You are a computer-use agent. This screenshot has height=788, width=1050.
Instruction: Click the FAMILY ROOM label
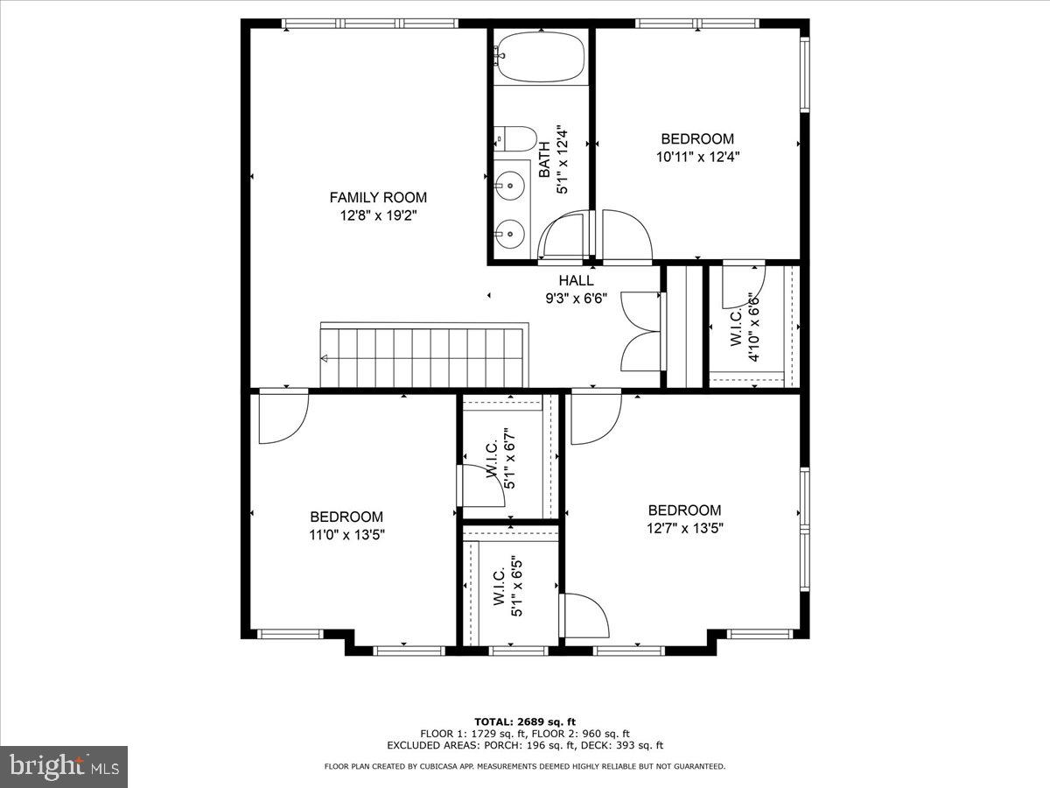[x=378, y=197]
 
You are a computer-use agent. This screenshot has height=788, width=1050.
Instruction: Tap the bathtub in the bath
[x=539, y=57]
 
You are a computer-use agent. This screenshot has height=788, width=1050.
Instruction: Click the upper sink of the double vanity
[x=509, y=183]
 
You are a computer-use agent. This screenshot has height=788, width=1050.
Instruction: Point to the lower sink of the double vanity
[x=509, y=233]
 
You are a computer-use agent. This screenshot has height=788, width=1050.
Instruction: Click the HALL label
[x=577, y=280]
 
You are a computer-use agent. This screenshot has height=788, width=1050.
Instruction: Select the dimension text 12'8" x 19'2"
[x=378, y=215]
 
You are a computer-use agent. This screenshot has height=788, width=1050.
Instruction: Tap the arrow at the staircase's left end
[x=325, y=358]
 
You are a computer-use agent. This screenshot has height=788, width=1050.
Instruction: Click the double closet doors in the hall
[x=641, y=332]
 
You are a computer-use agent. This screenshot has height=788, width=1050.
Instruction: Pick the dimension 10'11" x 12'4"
[x=697, y=158]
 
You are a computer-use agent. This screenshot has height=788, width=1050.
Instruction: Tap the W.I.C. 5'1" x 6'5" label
[x=507, y=587]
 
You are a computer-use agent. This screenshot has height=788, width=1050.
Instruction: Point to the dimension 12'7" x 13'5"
[x=685, y=528]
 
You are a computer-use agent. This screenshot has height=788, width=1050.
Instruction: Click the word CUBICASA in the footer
[x=445, y=766]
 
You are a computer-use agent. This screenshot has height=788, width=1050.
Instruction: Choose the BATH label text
[x=544, y=161]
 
